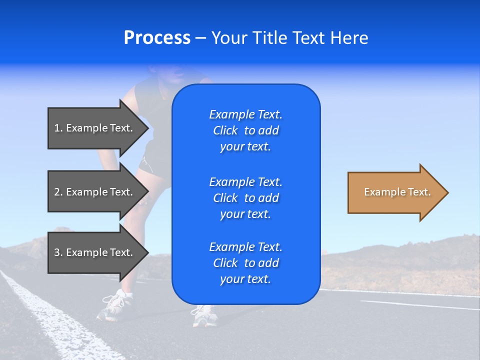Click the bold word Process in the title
[x=157, y=38]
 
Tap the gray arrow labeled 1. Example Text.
[x=95, y=128]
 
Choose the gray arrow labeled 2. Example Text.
[x=95, y=192]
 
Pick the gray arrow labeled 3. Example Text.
[x=95, y=252]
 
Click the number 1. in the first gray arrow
[x=58, y=128]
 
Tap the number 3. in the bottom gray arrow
[x=58, y=252]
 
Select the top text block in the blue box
[x=245, y=130]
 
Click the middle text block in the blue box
[x=245, y=198]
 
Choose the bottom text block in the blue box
[x=245, y=263]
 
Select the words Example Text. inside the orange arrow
[x=397, y=192]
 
